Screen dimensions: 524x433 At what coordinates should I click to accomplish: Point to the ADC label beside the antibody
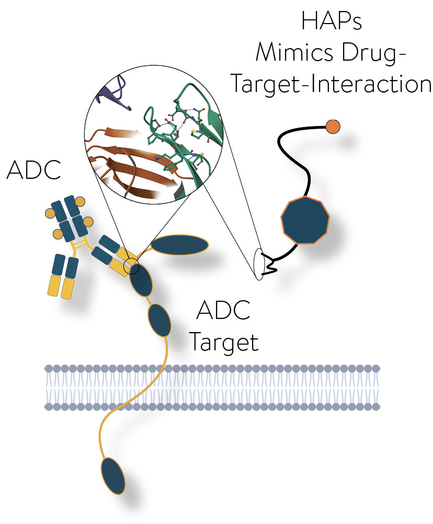(x=33, y=171)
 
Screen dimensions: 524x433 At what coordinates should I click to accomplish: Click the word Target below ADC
(x=223, y=342)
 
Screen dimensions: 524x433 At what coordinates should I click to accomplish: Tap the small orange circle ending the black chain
(x=333, y=126)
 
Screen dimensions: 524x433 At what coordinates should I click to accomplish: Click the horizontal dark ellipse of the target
(x=179, y=245)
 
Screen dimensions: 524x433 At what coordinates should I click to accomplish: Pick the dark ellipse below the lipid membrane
(x=113, y=475)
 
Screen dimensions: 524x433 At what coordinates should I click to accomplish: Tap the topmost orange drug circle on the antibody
(x=79, y=201)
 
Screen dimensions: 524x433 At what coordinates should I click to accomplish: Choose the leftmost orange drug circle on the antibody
(x=51, y=213)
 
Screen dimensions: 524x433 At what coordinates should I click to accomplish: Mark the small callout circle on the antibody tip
(x=132, y=268)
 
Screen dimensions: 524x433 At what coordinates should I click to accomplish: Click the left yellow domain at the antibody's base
(x=54, y=286)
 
